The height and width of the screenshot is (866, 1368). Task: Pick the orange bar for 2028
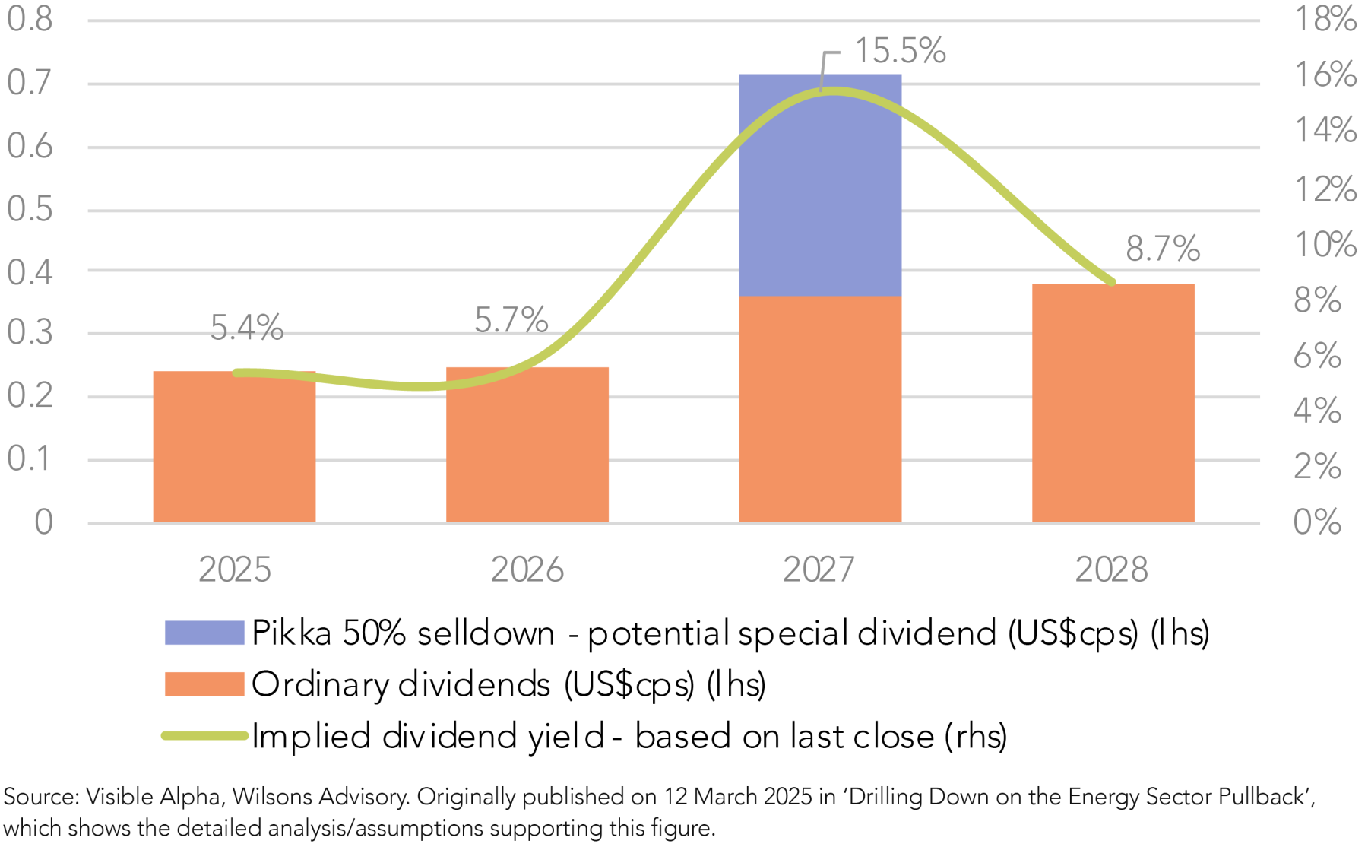coord(1113,403)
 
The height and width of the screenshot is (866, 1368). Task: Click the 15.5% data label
coord(900,51)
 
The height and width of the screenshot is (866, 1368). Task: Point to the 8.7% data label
coord(1162,249)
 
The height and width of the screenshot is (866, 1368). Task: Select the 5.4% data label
coord(246,328)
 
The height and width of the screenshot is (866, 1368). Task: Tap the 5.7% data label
coord(511,320)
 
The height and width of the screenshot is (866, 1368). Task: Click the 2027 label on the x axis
coord(819,569)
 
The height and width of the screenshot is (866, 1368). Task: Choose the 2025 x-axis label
coord(234,569)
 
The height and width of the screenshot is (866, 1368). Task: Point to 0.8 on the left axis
coord(30,19)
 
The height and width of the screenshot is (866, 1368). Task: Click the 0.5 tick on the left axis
coord(30,209)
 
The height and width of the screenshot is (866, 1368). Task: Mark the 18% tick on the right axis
coord(1325,19)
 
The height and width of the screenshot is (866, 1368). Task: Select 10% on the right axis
coord(1325,245)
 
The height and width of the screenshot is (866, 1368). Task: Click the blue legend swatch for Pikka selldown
coord(204,633)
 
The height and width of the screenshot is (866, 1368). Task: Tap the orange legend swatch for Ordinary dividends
coord(204,684)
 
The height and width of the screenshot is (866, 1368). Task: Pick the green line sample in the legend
coord(204,735)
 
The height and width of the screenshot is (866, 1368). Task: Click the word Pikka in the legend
coord(291,633)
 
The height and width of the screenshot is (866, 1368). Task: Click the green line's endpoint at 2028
coord(1112,282)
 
